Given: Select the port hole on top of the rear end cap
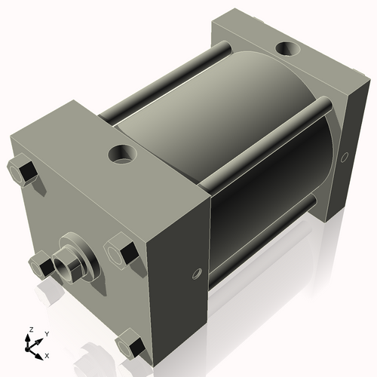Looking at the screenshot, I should click(287, 49).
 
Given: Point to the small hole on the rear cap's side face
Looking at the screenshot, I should click(345, 157).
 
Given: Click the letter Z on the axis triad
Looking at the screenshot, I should click(29, 329).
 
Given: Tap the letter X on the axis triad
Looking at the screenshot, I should click(47, 354).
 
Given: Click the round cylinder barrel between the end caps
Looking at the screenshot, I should click(226, 136).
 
